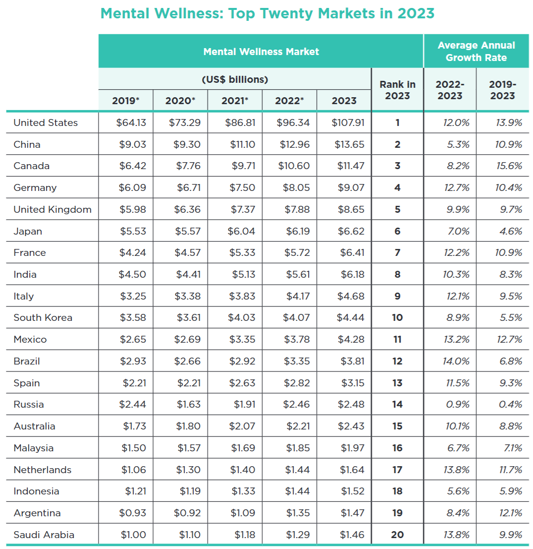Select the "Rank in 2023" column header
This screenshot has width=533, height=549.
(x=397, y=90)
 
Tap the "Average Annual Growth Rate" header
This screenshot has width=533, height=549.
(x=476, y=51)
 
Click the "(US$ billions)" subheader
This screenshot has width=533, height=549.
(x=235, y=79)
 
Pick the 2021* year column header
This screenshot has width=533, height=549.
(x=235, y=101)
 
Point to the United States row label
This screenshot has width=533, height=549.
(x=46, y=122)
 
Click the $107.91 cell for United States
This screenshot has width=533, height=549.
(x=348, y=122)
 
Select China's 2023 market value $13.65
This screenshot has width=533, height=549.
(x=351, y=144)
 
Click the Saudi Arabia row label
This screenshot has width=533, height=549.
(x=44, y=535)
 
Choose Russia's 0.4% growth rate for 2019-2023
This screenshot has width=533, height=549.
(x=510, y=404)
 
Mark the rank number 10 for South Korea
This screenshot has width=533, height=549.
(x=397, y=317)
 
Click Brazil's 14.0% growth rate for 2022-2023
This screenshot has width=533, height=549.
(x=456, y=361)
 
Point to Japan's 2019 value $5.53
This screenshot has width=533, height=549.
(x=133, y=231)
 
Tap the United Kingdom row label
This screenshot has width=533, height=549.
(x=53, y=209)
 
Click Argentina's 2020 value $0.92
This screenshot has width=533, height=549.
(x=187, y=513)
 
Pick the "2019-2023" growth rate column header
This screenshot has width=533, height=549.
(x=502, y=90)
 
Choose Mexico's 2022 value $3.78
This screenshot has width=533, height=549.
(x=297, y=339)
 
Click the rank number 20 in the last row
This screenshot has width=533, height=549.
(x=397, y=535)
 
